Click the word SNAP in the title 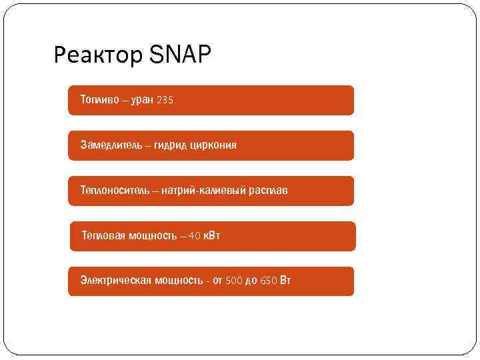[x=180, y=55]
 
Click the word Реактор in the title [x=98, y=57]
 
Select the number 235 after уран [x=164, y=100]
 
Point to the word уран [x=142, y=100]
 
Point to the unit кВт [x=212, y=235]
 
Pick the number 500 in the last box [x=233, y=280]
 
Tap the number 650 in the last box [x=268, y=280]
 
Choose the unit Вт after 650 [x=285, y=280]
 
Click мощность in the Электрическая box [x=179, y=280]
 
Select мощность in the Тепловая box [x=151, y=235]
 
